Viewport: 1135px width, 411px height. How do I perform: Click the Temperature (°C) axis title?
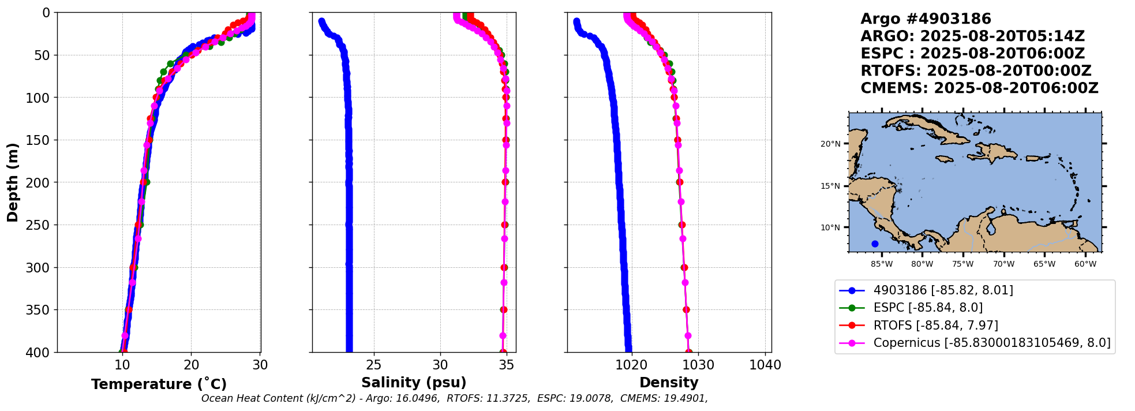[x=159, y=384]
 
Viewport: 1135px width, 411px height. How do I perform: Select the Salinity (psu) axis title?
[x=414, y=383]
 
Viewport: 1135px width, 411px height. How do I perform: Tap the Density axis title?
[x=669, y=383]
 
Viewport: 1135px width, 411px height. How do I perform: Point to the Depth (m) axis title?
[x=13, y=182]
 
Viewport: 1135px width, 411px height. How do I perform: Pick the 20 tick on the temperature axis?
[x=192, y=365]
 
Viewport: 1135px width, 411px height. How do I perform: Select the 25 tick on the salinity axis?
[x=374, y=365]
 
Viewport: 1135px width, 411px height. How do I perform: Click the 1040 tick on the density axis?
[x=765, y=365]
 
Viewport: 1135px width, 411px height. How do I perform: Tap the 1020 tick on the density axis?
[x=632, y=365]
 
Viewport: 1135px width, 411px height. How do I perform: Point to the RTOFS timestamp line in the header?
[x=976, y=71]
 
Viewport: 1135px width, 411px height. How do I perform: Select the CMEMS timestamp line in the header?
[x=979, y=88]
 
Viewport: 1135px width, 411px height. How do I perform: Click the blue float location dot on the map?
[x=875, y=244]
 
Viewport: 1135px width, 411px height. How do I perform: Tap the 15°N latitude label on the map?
[x=830, y=186]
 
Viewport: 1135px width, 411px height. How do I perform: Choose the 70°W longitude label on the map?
[x=1003, y=264]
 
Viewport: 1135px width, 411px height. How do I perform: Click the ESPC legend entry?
[x=928, y=308]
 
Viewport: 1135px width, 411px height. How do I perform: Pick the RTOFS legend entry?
[x=935, y=326]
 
